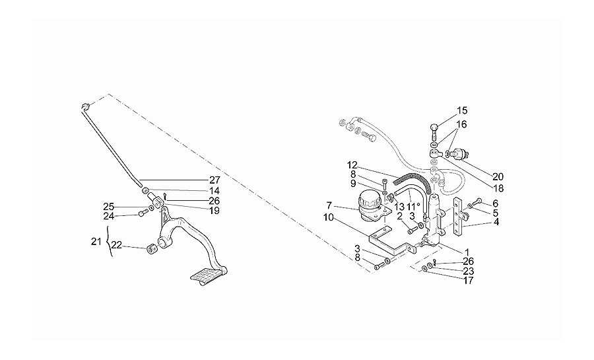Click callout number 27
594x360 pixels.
coord(214,180)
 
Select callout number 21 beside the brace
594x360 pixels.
coord(96,241)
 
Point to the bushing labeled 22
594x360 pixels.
coord(152,249)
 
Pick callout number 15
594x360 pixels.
coord(462,111)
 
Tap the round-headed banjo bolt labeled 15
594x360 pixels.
coord(434,131)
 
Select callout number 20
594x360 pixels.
coord(498,176)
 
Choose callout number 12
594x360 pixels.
coord(352,165)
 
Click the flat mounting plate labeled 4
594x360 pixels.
coord(459,217)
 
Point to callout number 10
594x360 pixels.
coord(329,218)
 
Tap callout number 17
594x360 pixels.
coord(468,281)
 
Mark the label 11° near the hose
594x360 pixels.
coord(413,207)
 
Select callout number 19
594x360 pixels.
coord(214,211)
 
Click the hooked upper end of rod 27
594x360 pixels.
coord(86,106)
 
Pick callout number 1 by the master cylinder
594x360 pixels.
coord(467,252)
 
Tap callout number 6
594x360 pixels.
coord(495,204)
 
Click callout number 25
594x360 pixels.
coord(108,207)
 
